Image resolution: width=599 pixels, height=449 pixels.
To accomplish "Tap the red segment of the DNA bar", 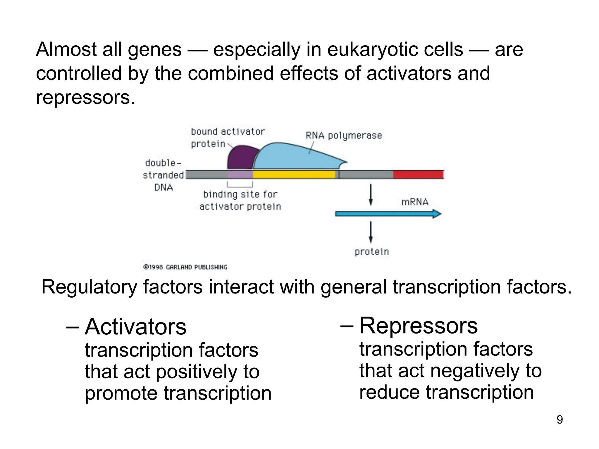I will pyautogui.click(x=418, y=175).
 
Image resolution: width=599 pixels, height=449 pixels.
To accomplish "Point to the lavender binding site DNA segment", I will pyautogui.click(x=240, y=175).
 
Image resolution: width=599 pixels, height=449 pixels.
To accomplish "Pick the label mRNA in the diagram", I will pyautogui.click(x=414, y=202).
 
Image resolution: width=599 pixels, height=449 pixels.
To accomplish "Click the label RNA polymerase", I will pyautogui.click(x=344, y=136).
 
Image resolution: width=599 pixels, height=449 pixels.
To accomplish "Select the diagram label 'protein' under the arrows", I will pyautogui.click(x=372, y=251).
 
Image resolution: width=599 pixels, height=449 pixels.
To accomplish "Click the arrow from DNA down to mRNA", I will pyautogui.click(x=371, y=194).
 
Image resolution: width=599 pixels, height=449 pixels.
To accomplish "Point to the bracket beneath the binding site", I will pyautogui.click(x=240, y=185).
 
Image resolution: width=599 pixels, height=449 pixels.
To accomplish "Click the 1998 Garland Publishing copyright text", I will pyautogui.click(x=185, y=267).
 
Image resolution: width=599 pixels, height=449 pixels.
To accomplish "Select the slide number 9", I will pyautogui.click(x=560, y=420).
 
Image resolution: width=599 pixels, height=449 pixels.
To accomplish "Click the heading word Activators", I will pyautogui.click(x=135, y=327).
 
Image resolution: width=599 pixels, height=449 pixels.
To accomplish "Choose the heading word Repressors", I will pyautogui.click(x=418, y=326).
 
